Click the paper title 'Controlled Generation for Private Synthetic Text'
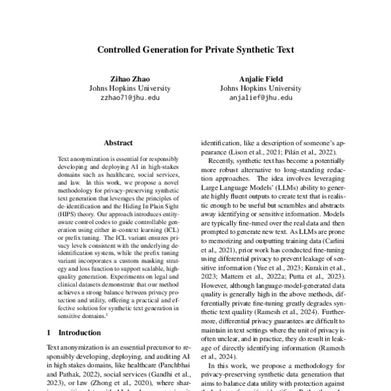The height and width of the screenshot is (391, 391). (x=195, y=49)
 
